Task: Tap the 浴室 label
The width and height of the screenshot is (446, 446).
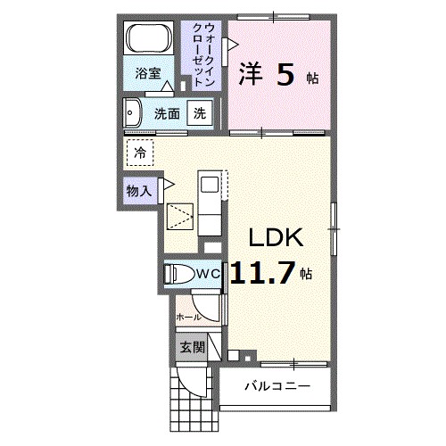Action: (148, 73)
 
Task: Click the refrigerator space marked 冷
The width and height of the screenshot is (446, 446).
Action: (139, 153)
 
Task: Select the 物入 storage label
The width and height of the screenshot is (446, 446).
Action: (137, 190)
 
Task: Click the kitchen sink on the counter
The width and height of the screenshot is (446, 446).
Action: (209, 186)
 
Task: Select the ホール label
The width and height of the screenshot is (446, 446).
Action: (187, 317)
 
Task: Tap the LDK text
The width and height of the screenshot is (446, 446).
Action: (277, 238)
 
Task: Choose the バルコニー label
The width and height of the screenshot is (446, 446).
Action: (277, 386)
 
